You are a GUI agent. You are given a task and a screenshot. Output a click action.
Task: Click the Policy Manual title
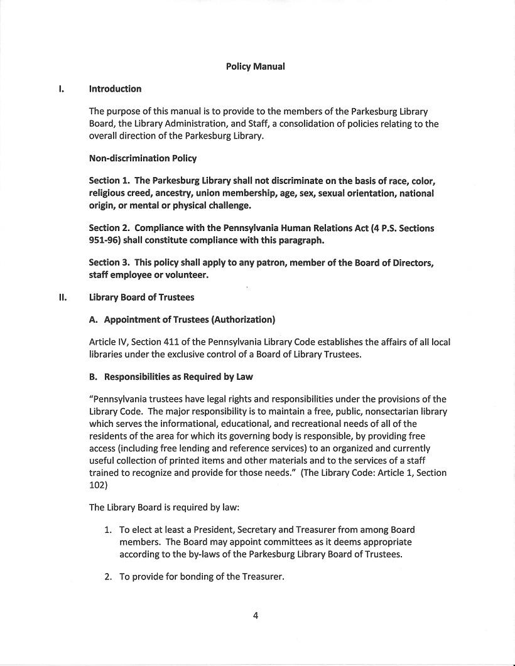tap(255, 67)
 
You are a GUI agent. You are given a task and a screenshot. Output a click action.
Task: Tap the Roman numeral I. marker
tap(61, 89)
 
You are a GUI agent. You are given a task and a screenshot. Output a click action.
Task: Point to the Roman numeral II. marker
tap(62, 298)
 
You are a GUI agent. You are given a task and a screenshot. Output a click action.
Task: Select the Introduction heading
tap(115, 89)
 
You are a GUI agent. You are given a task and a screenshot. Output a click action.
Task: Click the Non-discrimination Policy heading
tap(143, 158)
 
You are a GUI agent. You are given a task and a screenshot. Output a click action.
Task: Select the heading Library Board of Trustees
tap(141, 298)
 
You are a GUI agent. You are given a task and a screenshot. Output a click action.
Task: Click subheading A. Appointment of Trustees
tap(182, 320)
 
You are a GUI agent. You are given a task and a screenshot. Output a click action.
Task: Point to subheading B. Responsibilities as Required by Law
tap(171, 377)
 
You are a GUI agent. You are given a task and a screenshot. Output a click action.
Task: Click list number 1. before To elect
tap(108, 530)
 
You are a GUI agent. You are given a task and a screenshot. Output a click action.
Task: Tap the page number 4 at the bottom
tap(256, 615)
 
